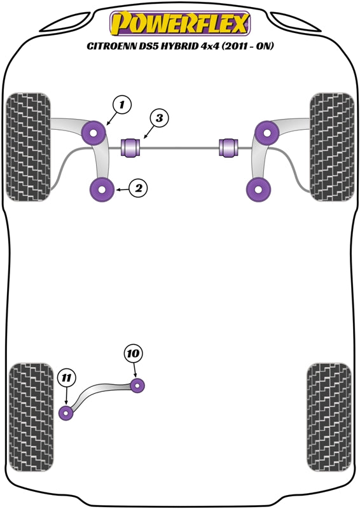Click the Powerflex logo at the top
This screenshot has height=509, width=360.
[x=180, y=24]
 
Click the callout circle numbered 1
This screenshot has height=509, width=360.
[x=122, y=104]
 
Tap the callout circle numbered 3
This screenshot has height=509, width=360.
[x=160, y=118]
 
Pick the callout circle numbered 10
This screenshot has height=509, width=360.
[x=134, y=354]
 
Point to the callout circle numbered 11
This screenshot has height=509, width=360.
[x=66, y=378]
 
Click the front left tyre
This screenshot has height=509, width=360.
[x=29, y=147]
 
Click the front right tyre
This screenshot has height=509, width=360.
[x=331, y=147]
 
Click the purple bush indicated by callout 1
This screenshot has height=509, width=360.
[x=95, y=132]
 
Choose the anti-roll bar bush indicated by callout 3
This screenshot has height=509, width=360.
[x=132, y=147]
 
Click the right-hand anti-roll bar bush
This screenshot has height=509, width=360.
[x=228, y=147]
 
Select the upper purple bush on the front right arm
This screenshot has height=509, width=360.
[x=267, y=132]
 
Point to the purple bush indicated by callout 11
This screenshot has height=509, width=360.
[x=67, y=413]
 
